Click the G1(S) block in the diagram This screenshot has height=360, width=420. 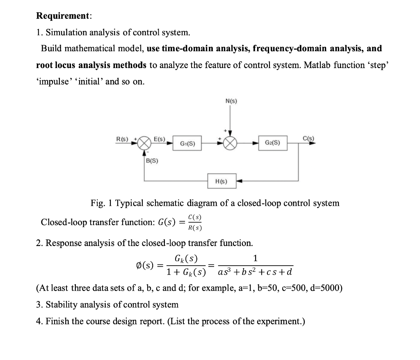click(187, 144)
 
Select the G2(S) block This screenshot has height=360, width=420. click(273, 143)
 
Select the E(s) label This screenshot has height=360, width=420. click(159, 139)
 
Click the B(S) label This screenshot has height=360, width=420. click(152, 161)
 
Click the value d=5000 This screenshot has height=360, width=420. click(324, 287)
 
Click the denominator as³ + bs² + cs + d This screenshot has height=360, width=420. click(255, 272)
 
